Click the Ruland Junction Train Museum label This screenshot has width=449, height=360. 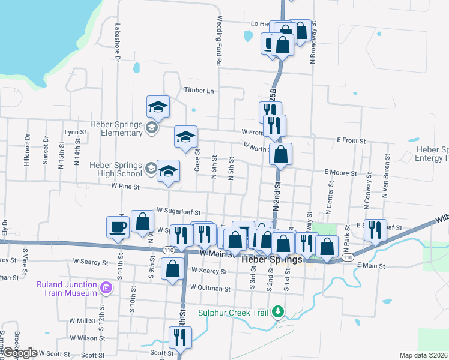(67, 289)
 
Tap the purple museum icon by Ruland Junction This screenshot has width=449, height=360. (106, 289)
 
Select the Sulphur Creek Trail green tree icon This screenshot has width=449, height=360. (277, 311)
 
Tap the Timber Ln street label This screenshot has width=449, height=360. (199, 91)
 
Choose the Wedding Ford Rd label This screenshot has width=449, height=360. (220, 41)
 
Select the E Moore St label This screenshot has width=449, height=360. (340, 173)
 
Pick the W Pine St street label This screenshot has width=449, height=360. (125, 187)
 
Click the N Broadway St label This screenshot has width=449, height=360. (313, 43)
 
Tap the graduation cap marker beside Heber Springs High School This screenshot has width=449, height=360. (168, 170)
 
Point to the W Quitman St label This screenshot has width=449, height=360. (210, 289)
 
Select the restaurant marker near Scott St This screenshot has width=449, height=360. (179, 338)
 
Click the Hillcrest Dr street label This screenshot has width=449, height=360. (27, 154)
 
